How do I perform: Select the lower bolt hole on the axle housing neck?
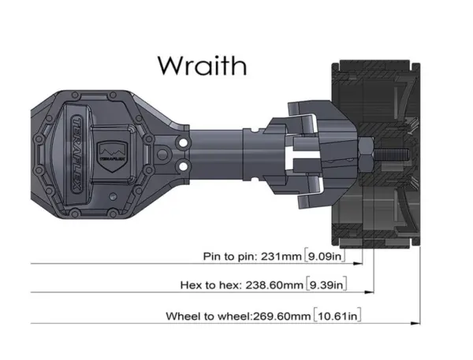coord(183,166)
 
